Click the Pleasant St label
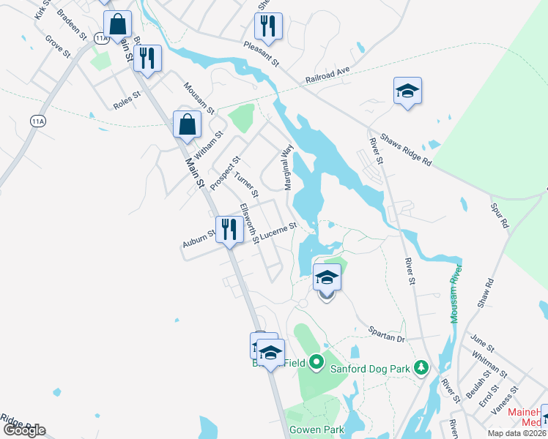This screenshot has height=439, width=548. (262, 52)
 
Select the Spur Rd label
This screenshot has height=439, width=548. (499, 216)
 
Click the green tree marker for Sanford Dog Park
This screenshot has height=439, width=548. (421, 366)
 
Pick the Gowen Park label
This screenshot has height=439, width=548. (316, 429)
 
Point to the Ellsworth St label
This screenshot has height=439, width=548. (251, 225)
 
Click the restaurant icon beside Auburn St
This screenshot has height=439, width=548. (229, 230)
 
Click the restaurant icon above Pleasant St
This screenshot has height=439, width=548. (268, 26)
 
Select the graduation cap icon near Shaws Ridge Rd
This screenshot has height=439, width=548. (407, 91)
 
